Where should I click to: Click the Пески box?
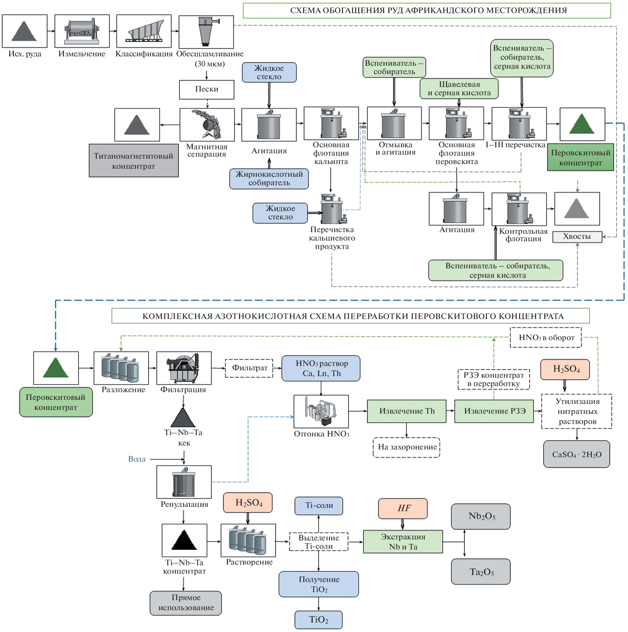[207, 90]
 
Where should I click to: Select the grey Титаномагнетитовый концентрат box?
[134, 161]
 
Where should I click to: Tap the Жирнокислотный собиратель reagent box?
[269, 179]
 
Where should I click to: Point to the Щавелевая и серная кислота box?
[459, 89]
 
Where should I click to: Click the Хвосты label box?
[577, 237]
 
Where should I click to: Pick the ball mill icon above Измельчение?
[82, 31]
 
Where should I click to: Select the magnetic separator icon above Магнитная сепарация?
[207, 124]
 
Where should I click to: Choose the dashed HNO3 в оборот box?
[546, 337]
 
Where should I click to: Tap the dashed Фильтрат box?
[249, 368]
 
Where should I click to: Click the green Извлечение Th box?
[407, 411]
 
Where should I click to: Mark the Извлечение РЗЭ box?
[494, 411]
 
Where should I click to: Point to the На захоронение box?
[407, 447]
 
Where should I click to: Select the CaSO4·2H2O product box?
[576, 454]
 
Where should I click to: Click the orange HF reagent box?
[403, 508]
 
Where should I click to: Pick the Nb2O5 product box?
[481, 516]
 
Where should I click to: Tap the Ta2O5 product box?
[481, 572]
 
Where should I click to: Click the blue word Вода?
[137, 459]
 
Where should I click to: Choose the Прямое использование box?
[186, 603]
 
